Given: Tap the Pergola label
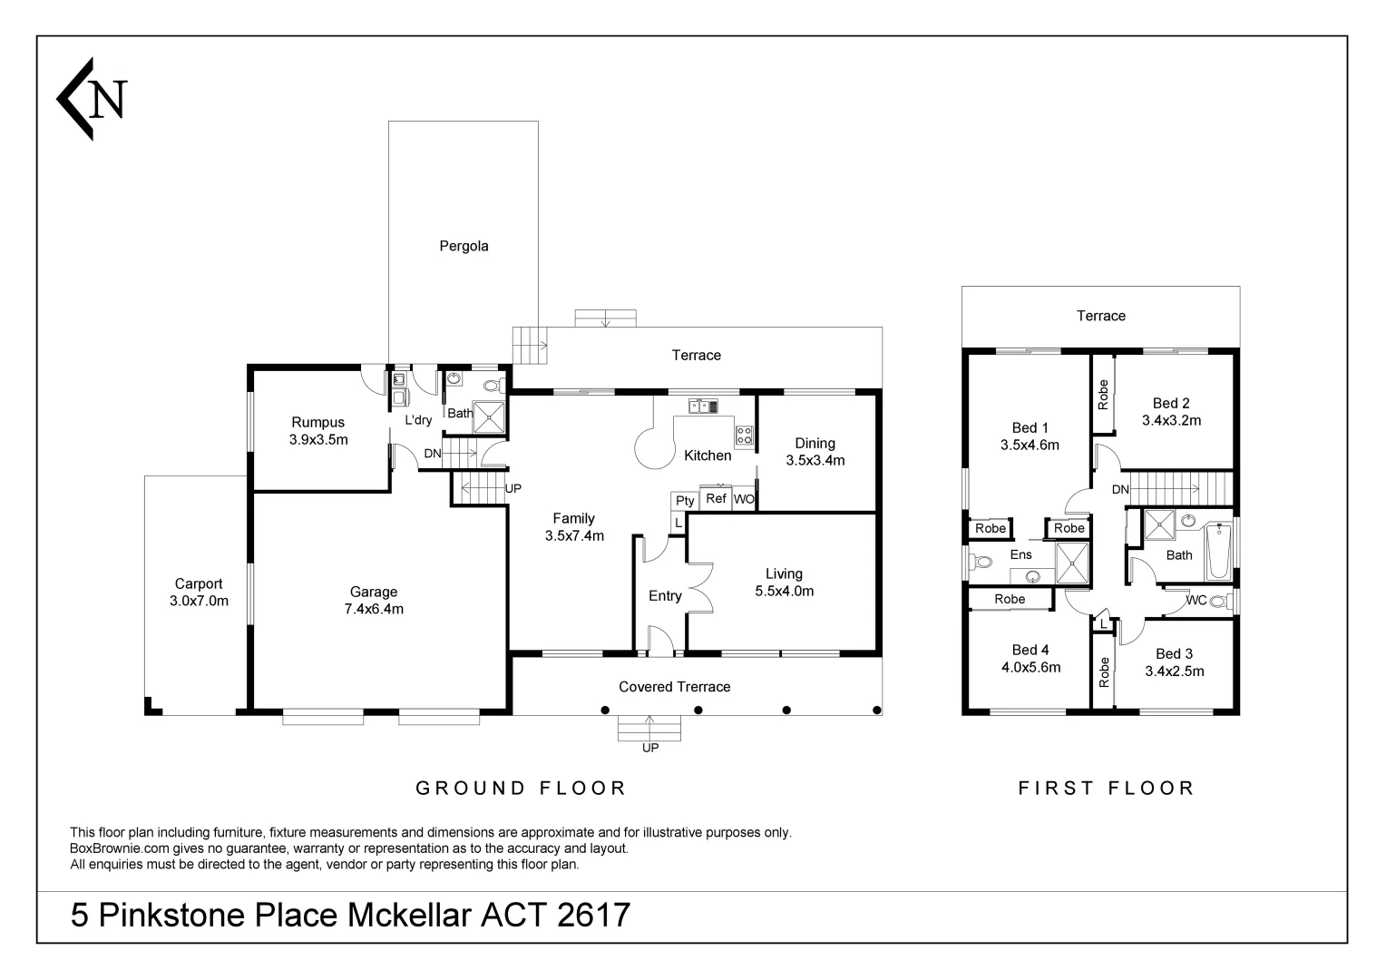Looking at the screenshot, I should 464,246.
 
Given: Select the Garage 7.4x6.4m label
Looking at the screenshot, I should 374,601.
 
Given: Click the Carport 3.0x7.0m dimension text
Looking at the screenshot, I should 199,601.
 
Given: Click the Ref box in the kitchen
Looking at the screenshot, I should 716,498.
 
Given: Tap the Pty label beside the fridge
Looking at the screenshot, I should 685,501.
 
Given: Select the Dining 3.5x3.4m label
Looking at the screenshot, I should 815,452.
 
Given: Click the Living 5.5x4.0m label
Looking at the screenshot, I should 784,583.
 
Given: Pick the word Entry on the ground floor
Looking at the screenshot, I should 665,596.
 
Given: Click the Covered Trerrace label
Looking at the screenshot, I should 674,687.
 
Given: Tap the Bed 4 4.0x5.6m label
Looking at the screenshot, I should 1030,659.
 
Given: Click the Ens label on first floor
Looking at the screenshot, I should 1020,554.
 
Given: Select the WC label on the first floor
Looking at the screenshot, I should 1196,600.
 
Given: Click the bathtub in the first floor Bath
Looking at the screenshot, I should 1217,550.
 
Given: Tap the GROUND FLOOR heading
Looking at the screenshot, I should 521,789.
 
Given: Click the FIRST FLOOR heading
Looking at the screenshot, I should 1106,789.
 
